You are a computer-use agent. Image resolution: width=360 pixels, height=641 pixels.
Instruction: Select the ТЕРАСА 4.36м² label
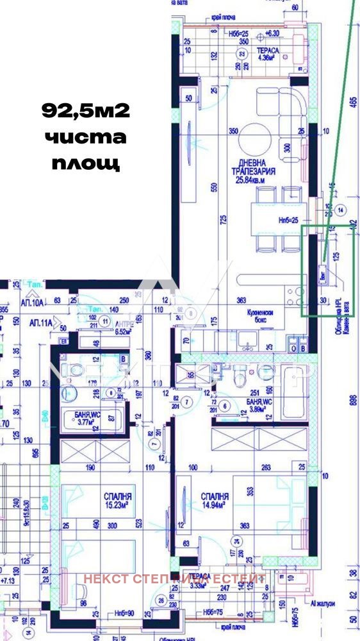point(267,53)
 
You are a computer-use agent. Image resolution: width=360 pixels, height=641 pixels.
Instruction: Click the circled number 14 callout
point(341,209)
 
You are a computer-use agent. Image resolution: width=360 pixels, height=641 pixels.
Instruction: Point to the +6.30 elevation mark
point(273,33)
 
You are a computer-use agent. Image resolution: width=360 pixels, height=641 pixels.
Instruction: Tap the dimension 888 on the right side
point(353,400)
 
